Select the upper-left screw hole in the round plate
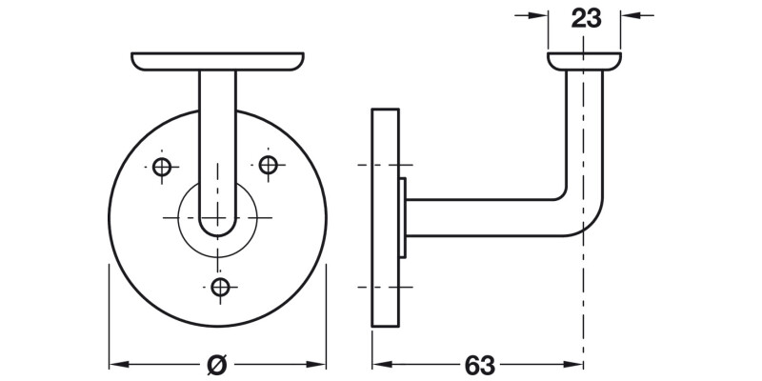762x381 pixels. click(x=162, y=168)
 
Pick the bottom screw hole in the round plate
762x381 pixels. click(x=221, y=286)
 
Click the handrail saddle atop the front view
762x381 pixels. click(x=218, y=63)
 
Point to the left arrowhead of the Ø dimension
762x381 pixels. click(x=118, y=364)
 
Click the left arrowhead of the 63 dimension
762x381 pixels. click(x=379, y=364)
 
